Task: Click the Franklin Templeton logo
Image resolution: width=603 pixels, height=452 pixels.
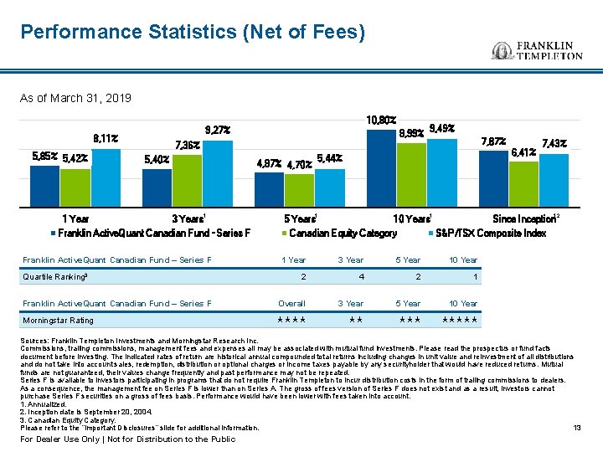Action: (x=537, y=49)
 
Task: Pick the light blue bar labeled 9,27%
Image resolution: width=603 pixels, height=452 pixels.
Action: (x=218, y=174)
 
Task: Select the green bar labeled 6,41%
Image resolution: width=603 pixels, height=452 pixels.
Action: (x=523, y=183)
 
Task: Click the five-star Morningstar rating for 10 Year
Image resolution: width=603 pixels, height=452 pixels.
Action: (x=460, y=320)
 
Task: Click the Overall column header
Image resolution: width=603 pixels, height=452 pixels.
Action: (x=291, y=303)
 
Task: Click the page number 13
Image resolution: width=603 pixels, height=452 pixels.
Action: (x=576, y=428)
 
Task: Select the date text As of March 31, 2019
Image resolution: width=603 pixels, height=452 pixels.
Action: (x=75, y=99)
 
